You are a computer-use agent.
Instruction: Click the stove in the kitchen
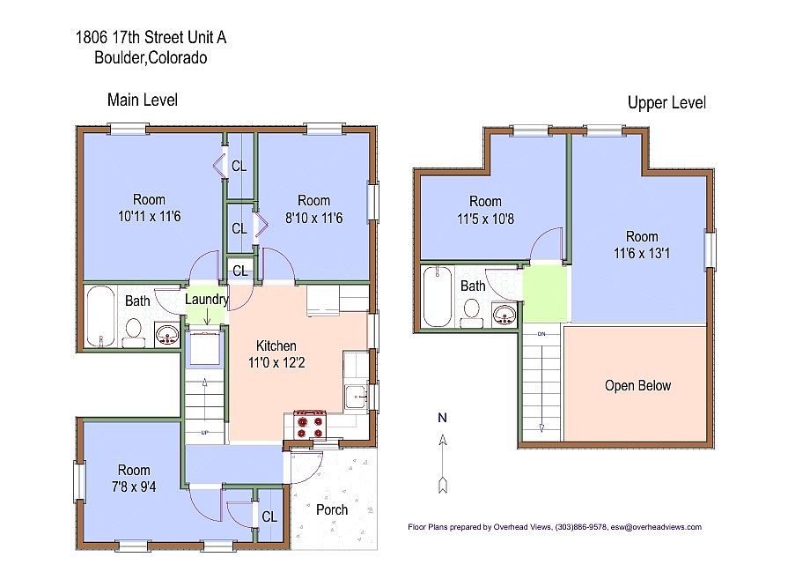[x=310, y=424]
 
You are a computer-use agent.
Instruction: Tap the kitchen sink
[x=356, y=397]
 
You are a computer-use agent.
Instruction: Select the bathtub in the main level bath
[x=100, y=316]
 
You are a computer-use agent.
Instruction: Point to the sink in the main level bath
[x=167, y=335]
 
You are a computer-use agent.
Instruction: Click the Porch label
[x=332, y=510]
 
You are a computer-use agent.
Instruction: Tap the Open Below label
[x=637, y=386]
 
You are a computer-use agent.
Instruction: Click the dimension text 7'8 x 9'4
[x=134, y=487]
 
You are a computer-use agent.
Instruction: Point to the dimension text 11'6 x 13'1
[x=642, y=254]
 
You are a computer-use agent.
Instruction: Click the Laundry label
[x=207, y=300]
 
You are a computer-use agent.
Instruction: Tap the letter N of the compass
[x=442, y=418]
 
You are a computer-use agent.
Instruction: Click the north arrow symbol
[x=443, y=464]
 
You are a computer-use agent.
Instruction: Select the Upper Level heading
[x=666, y=103]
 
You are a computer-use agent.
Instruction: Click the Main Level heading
[x=143, y=100]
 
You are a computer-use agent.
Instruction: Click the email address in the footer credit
[x=656, y=527]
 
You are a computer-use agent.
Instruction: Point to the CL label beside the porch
[x=269, y=516]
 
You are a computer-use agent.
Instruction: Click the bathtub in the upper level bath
[x=437, y=297]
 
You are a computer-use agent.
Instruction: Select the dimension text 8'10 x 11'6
[x=314, y=219]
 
